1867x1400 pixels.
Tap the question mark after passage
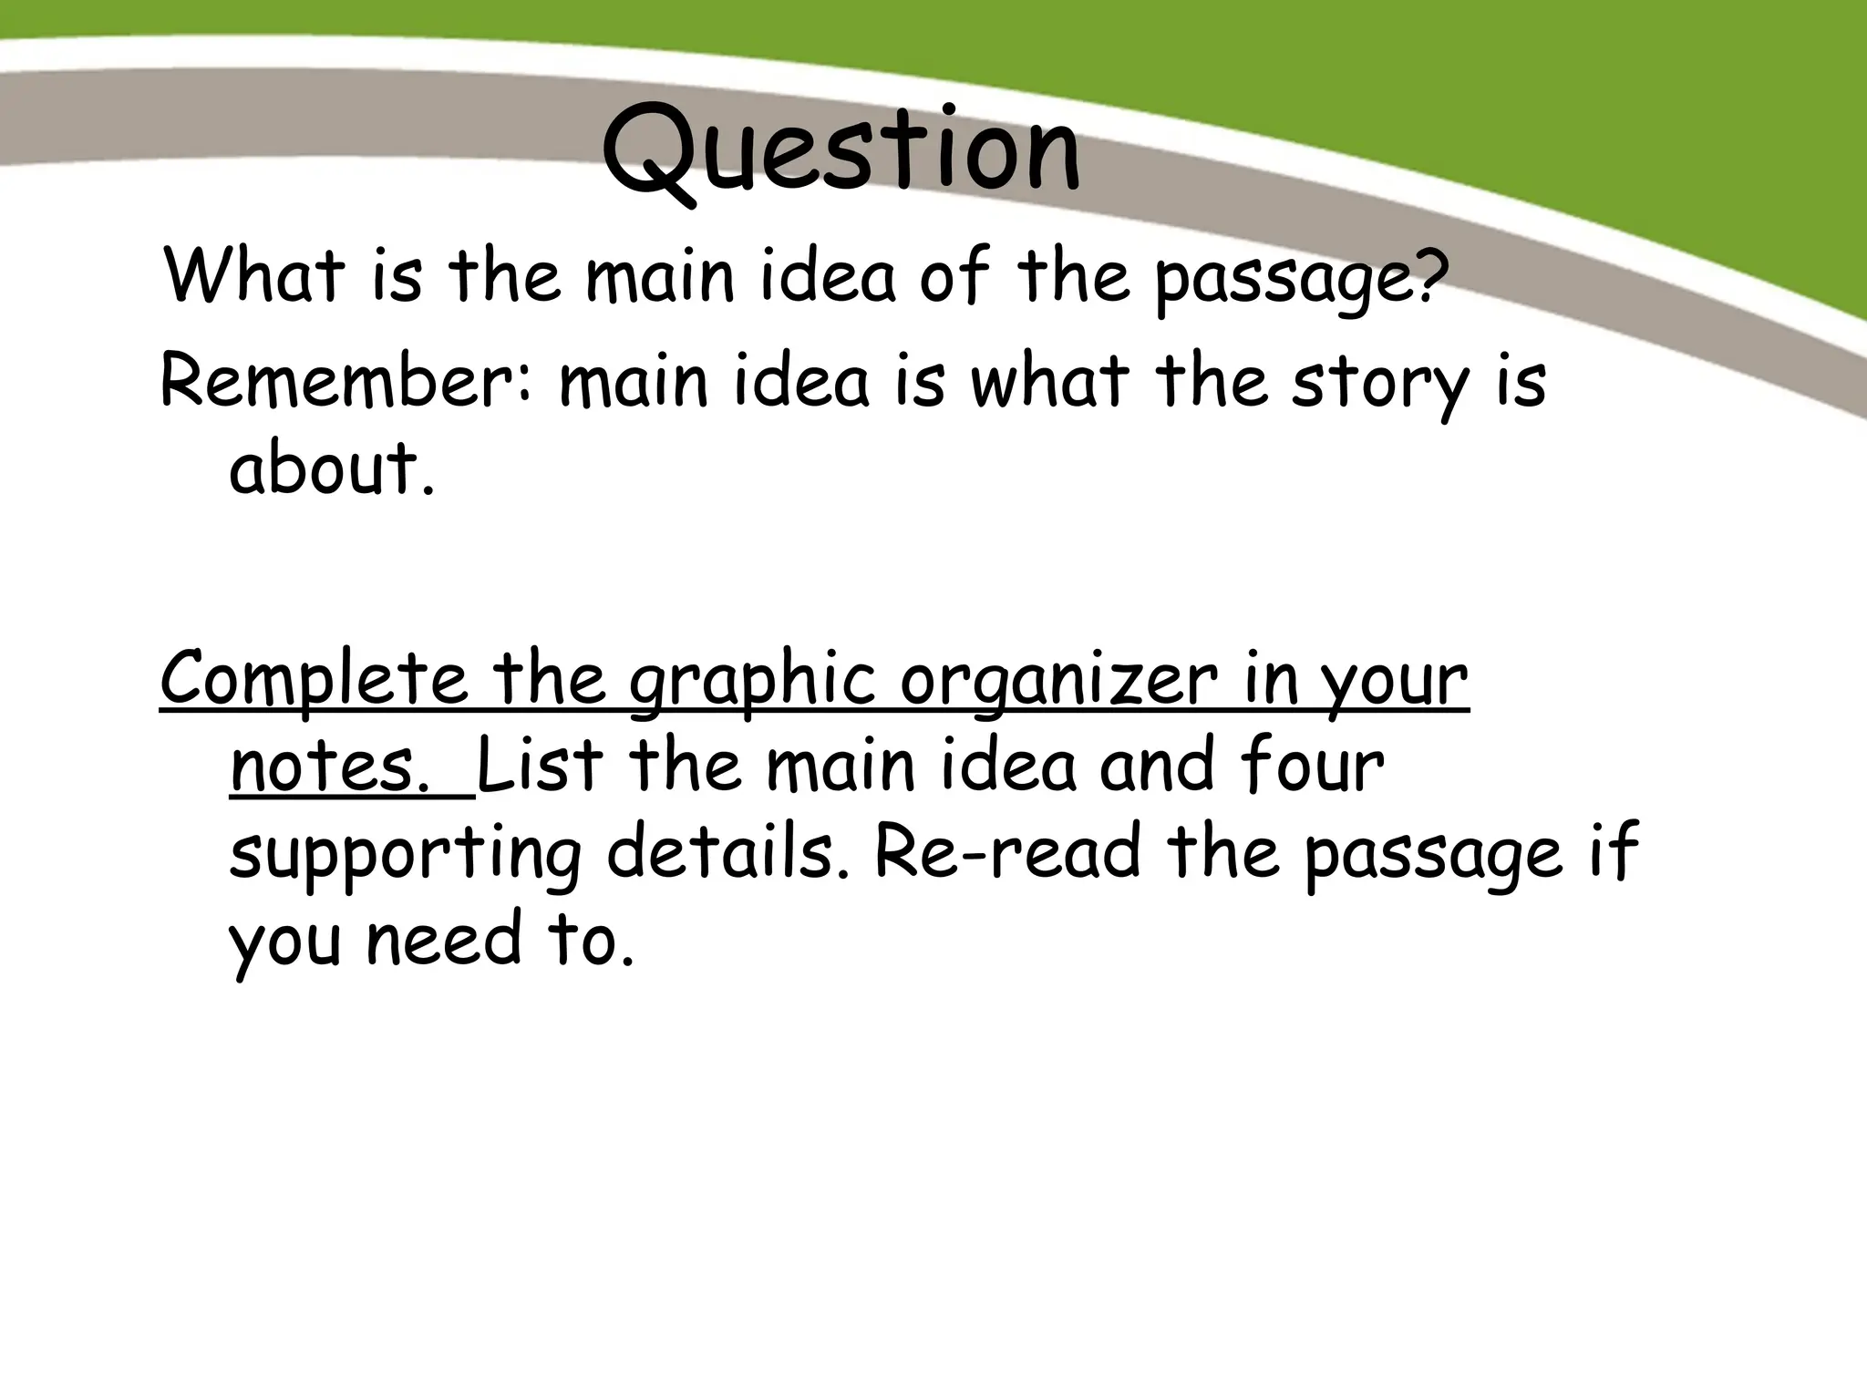[1429, 273]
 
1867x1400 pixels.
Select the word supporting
[405, 855]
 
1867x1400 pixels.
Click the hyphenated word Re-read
[1006, 851]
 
